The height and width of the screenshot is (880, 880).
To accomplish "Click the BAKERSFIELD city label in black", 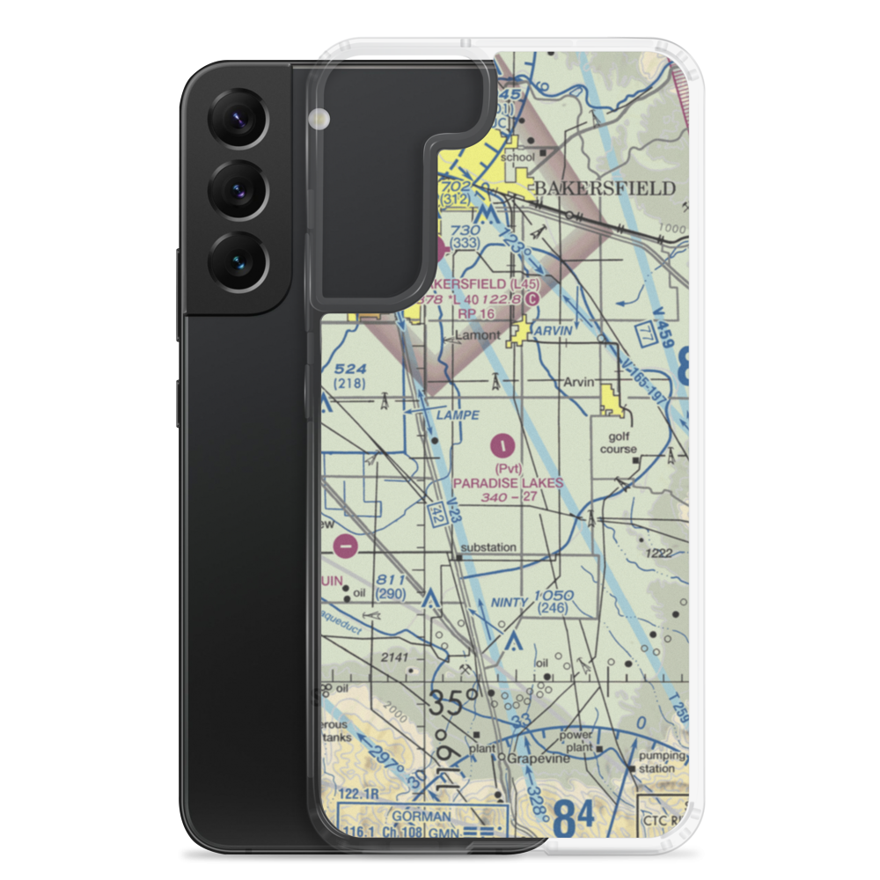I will click(616, 188).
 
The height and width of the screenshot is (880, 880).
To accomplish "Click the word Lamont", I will click(477, 336).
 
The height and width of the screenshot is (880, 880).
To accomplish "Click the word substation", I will click(488, 547).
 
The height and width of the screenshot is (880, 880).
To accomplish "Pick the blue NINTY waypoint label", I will click(510, 603).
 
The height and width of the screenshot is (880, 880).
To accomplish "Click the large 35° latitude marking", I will click(454, 703).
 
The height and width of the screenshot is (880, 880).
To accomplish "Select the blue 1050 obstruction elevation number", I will click(554, 596).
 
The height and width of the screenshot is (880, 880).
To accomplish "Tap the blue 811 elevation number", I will click(390, 580).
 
